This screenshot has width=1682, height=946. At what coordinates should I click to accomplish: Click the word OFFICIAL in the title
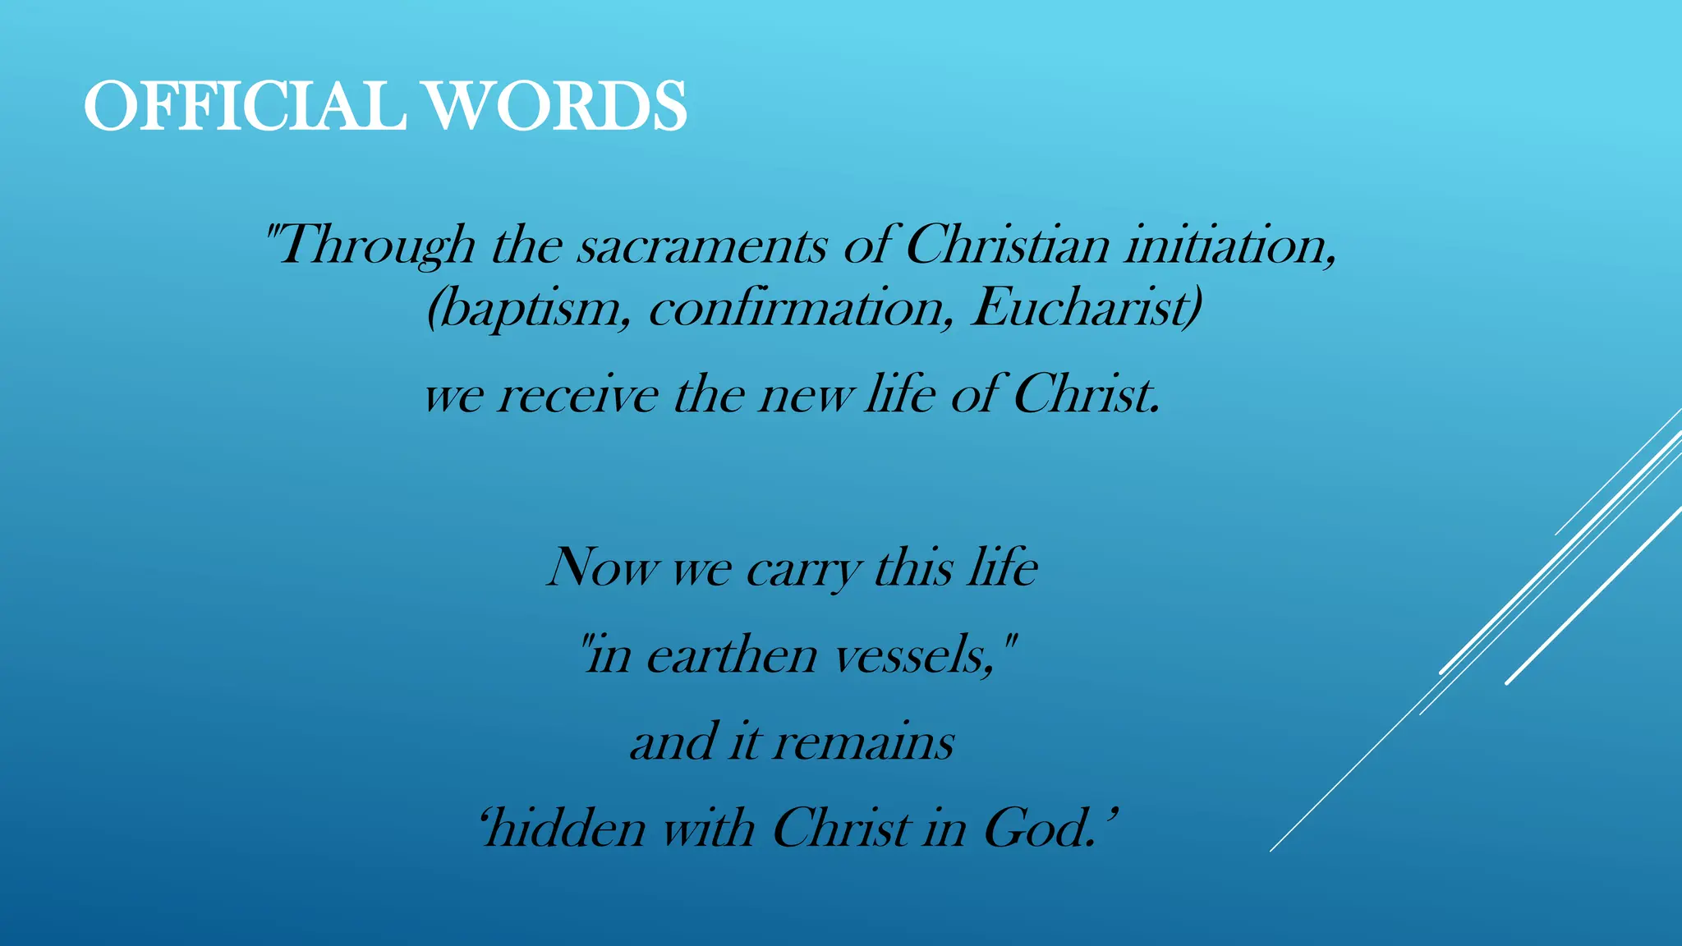coord(245,107)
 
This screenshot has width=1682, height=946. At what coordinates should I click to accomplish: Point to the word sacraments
coord(701,246)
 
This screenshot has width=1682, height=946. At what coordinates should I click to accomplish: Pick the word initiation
coord(1229,246)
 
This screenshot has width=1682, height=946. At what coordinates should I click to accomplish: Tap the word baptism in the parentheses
coord(529,309)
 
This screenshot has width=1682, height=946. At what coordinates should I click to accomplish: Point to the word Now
coord(603,567)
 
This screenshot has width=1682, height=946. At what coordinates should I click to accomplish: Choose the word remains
coord(863,742)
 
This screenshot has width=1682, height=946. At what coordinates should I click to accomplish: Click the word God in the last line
coord(1038,828)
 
